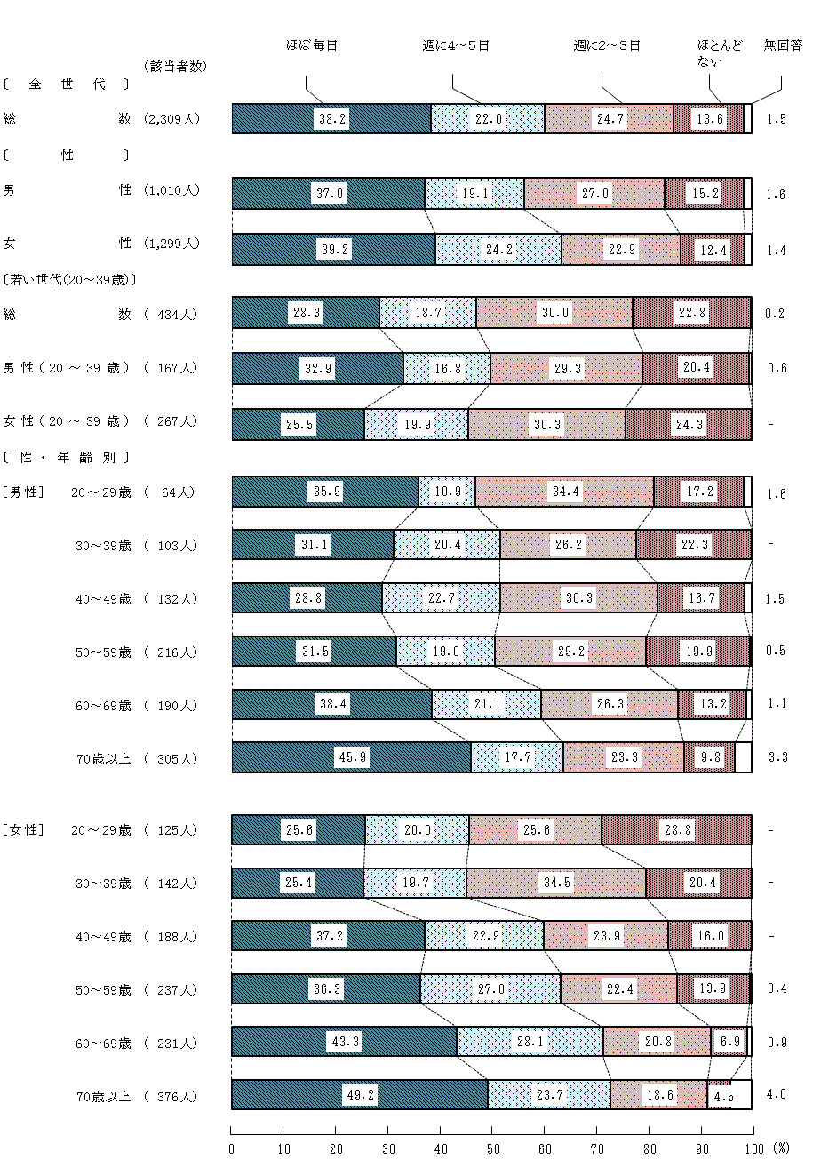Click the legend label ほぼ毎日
coord(312,45)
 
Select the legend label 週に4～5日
coord(456,45)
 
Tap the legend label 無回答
coord(783,45)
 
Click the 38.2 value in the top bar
coord(332,119)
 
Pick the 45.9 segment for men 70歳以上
coord(353,757)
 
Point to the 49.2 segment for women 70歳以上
coord(361,1095)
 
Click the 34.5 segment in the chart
coord(556,883)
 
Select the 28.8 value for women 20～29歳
coord(677,829)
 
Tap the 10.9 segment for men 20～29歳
coord(447,492)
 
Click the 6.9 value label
coord(728,1042)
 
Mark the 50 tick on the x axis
coord(492,1149)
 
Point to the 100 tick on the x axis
coord(753,1149)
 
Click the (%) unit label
coord(781,1148)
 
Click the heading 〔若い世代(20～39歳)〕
coord(69,279)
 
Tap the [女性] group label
coord(23,830)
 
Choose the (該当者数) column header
coord(174,67)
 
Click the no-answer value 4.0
coord(777,1094)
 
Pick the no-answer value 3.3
coord(777,757)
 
